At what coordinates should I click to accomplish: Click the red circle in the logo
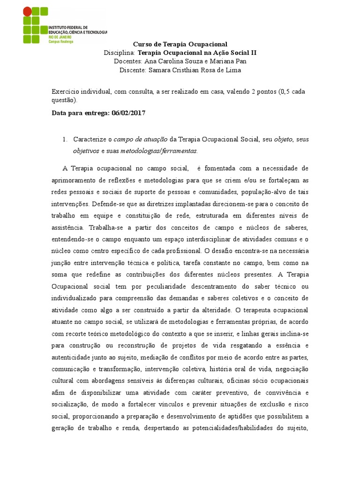tap(28, 11)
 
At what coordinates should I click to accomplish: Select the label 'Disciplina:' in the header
tap(119, 53)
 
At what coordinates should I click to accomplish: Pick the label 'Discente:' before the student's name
tap(133, 70)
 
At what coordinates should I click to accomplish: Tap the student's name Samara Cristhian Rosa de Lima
tap(194, 70)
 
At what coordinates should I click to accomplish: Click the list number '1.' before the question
tap(65, 140)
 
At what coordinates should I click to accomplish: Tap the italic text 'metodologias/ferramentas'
tap(158, 151)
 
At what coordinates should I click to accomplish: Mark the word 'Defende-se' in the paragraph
tap(108, 204)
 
